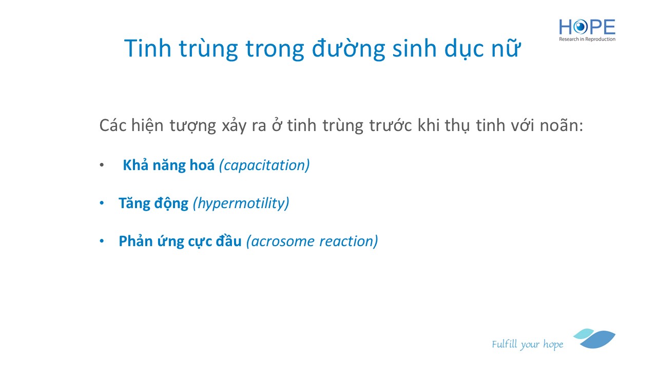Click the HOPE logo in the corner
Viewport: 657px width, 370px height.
point(587,30)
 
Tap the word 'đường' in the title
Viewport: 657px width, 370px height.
point(348,48)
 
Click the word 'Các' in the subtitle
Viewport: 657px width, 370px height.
point(112,125)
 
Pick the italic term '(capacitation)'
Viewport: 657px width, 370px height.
point(264,165)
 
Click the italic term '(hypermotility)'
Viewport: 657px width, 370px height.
point(241,203)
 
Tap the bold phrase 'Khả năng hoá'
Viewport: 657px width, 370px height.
point(169,165)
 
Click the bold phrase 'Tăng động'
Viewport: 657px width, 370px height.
point(153,203)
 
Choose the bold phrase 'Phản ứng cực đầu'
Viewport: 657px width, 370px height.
point(180,242)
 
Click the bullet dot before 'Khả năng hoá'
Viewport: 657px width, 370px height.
point(102,165)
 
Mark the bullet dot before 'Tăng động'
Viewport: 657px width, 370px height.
point(102,203)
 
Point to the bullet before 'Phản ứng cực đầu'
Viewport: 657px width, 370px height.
point(102,242)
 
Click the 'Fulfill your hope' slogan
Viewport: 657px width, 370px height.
point(527,344)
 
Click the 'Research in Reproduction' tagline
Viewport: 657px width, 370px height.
point(587,39)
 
